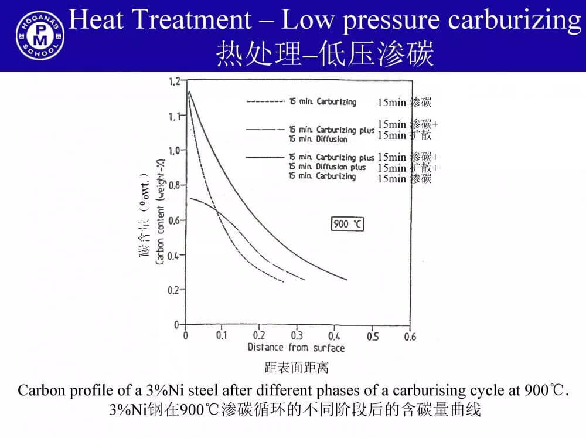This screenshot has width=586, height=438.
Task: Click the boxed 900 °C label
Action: tap(348, 224)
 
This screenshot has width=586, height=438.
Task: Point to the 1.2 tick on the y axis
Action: tap(175, 81)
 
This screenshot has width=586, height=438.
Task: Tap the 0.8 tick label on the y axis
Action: tap(175, 185)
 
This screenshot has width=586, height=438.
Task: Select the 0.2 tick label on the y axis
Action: tap(175, 290)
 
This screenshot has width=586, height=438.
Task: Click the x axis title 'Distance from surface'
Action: tap(296, 348)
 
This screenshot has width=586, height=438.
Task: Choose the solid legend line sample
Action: tap(265, 157)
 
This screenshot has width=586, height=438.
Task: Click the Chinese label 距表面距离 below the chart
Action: tap(296, 368)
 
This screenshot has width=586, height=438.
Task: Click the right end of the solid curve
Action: tap(346, 280)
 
